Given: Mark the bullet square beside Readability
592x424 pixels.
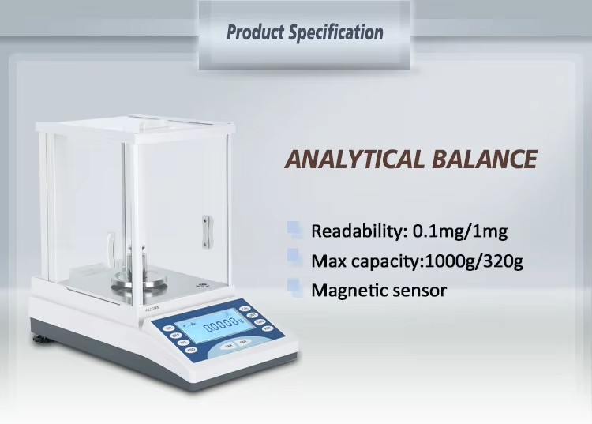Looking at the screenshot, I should [294, 231].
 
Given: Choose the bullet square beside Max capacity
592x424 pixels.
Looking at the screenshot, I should [294, 259].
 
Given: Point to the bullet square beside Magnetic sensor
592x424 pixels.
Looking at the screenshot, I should [294, 287].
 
